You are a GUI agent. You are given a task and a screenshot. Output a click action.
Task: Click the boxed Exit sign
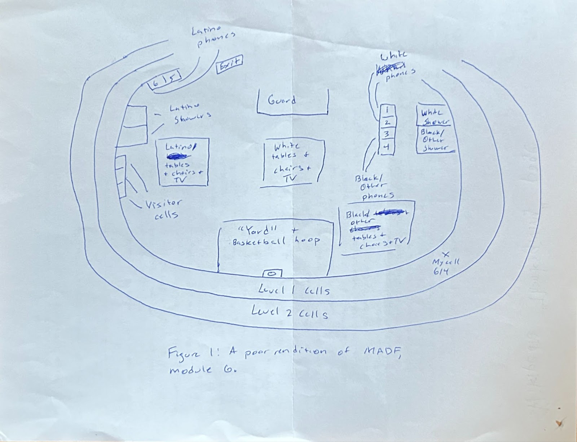click(x=229, y=64)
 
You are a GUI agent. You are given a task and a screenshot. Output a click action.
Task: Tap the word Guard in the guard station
click(x=282, y=100)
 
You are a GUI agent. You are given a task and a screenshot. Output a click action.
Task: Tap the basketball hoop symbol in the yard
click(x=273, y=274)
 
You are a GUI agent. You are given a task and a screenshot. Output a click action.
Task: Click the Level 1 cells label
click(x=294, y=290)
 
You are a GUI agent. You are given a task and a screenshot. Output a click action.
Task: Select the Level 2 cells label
click(x=290, y=312)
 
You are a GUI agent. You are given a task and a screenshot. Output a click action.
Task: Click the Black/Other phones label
click(x=372, y=187)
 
